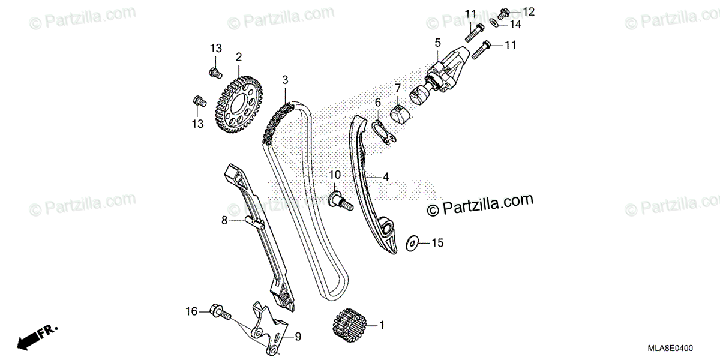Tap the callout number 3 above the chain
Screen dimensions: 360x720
pyautogui.click(x=286, y=80)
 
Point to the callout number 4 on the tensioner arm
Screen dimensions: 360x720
pyautogui.click(x=386, y=177)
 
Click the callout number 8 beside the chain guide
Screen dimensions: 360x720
pyautogui.click(x=224, y=220)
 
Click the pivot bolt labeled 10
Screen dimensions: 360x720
pyautogui.click(x=340, y=200)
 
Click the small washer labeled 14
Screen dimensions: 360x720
pyautogui.click(x=493, y=23)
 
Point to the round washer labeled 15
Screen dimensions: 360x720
pyautogui.click(x=412, y=243)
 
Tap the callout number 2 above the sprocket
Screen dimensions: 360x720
pyautogui.click(x=239, y=58)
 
